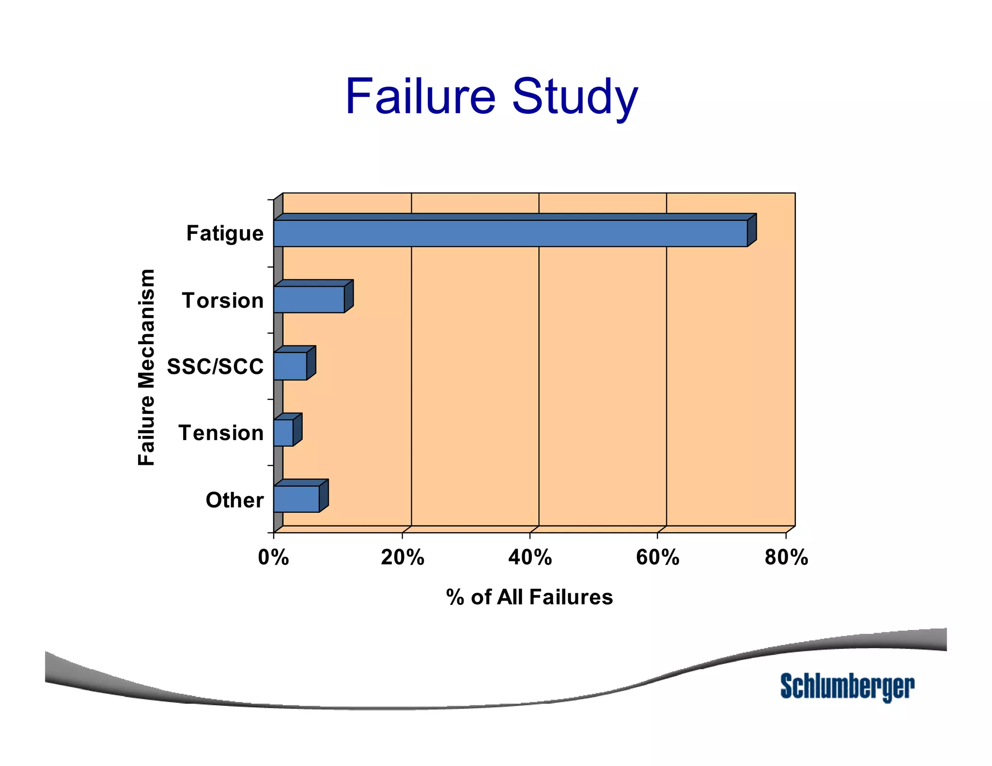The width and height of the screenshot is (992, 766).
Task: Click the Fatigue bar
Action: [511, 233]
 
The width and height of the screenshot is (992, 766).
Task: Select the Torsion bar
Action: [309, 299]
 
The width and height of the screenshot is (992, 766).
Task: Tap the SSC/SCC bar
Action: [290, 366]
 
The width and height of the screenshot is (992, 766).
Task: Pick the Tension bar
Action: [283, 432]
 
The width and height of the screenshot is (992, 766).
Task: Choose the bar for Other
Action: [296, 499]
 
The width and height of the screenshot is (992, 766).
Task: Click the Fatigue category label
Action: [225, 233]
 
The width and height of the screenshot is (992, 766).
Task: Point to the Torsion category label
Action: [223, 300]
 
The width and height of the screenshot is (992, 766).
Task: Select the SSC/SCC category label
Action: [216, 367]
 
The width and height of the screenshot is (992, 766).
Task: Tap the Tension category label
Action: [221, 433]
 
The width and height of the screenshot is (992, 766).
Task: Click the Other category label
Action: [234, 500]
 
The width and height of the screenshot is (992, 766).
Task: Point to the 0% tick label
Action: [273, 557]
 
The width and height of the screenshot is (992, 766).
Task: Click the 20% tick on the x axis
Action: [402, 557]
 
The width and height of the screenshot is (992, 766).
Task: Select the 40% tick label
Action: [530, 557]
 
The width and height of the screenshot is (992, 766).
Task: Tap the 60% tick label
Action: [657, 557]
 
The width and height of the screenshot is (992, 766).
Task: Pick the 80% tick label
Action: [786, 557]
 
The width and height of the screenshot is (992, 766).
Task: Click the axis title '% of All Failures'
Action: [529, 597]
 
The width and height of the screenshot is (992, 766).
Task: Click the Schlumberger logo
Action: [847, 687]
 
